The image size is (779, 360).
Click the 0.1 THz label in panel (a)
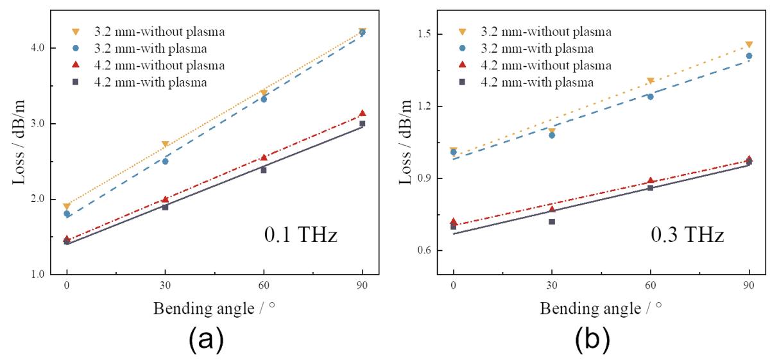point(300,236)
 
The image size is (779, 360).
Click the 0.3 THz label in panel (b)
point(687,236)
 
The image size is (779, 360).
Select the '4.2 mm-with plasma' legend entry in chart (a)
point(155,81)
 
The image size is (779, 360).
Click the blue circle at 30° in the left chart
point(165,161)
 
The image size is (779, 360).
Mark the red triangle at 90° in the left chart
point(363,113)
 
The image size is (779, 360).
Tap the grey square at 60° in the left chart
point(264,170)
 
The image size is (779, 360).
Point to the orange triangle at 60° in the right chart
point(650,81)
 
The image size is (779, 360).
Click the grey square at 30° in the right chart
point(552,221)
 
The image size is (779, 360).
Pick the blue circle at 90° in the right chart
point(749,56)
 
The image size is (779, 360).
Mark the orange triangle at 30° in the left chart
point(165,144)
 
